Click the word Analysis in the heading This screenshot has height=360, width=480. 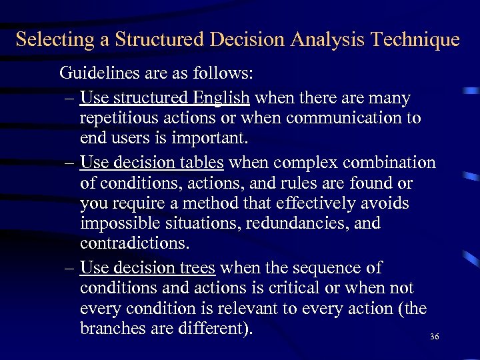pyautogui.click(x=323, y=40)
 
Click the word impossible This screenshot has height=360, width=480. pyautogui.click(x=120, y=223)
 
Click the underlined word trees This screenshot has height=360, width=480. pyautogui.click(x=197, y=268)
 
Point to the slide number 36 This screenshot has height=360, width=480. pyautogui.click(x=435, y=337)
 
